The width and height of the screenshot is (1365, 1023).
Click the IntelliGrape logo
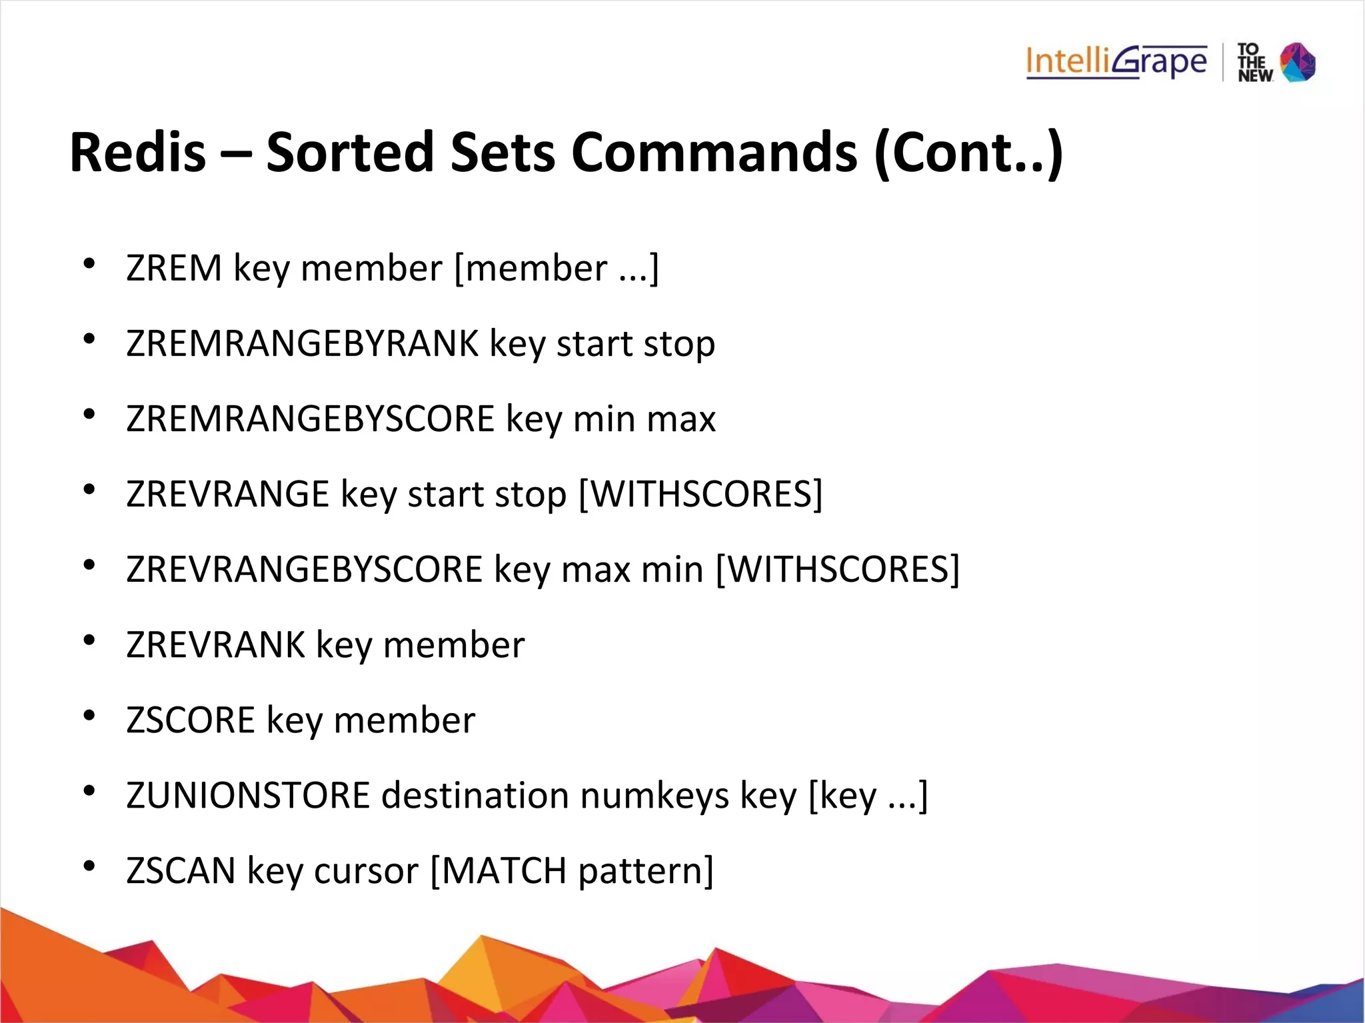click(x=1116, y=62)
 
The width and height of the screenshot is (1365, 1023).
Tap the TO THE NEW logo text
click(x=1254, y=63)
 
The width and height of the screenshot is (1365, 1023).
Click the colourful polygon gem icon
click(x=1298, y=62)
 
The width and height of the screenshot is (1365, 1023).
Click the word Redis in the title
click(x=138, y=153)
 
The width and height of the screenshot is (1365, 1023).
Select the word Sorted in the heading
click(x=350, y=153)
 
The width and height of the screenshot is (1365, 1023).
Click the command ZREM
click(x=174, y=269)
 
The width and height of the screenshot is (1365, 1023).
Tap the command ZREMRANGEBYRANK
click(x=303, y=344)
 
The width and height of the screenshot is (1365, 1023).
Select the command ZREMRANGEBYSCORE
click(x=310, y=419)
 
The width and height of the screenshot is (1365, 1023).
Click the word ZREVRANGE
click(x=228, y=495)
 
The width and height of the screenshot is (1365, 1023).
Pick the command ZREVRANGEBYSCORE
click(x=304, y=570)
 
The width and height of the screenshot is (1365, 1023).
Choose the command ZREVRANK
click(x=215, y=645)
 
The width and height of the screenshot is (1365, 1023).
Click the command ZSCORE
click(x=191, y=720)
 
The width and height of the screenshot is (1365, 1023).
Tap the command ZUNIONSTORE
click(x=248, y=796)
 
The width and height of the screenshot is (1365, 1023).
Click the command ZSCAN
click(x=181, y=871)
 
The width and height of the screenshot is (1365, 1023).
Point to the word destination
click(x=475, y=796)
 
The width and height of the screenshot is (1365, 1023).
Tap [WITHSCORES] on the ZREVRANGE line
click(x=700, y=495)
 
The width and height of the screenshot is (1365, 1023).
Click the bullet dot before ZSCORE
click(x=89, y=716)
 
